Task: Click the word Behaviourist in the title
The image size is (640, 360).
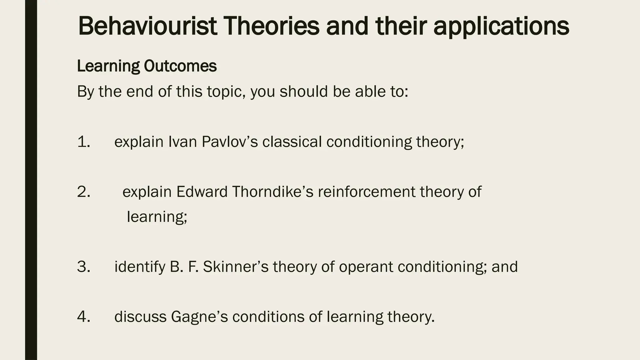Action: (x=147, y=26)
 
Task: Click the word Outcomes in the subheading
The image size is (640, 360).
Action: (x=180, y=66)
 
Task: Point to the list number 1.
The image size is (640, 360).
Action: (x=83, y=142)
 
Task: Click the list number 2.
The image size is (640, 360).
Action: (x=83, y=192)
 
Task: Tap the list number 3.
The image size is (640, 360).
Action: (x=83, y=267)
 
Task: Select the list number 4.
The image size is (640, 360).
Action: (x=83, y=317)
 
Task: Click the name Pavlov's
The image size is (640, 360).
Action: (x=230, y=142)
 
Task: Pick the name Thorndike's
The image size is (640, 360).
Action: (x=272, y=192)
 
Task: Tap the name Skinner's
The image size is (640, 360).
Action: (x=236, y=267)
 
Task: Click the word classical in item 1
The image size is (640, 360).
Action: (x=292, y=142)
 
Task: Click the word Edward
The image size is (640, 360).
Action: (x=202, y=192)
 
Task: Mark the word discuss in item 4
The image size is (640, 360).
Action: (x=140, y=317)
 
